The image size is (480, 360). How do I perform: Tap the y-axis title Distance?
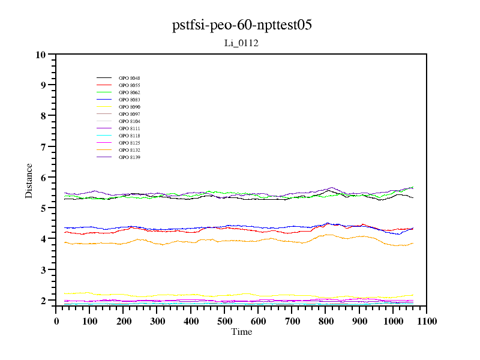29,180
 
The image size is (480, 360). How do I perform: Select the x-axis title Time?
241,332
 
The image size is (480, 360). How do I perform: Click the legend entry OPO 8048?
129,78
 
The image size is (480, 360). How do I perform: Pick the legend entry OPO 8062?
129,92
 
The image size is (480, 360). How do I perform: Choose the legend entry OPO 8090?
129,107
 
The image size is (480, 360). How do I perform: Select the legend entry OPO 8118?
129,136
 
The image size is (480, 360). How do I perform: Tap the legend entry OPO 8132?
129,150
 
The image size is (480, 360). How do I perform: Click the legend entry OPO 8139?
129,157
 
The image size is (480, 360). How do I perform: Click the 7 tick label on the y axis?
43,146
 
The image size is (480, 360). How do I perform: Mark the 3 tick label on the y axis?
43,270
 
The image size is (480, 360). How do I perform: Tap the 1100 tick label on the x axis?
427,321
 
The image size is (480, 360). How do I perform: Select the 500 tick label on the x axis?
224,321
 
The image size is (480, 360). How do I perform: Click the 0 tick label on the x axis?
56,321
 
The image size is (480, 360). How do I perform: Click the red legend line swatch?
104,85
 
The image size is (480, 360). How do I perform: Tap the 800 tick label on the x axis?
325,321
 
